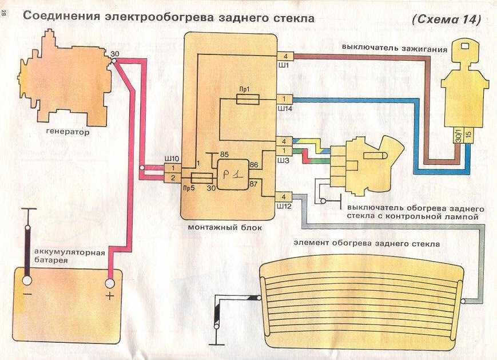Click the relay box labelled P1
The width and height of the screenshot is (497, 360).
point(232,174)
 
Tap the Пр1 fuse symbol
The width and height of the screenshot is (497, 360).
point(248,100)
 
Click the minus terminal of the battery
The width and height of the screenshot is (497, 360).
point(26,281)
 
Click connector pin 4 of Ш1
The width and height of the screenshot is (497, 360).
point(284,56)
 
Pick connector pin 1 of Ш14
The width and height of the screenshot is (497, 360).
point(284,98)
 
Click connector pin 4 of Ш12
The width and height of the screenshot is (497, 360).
point(284,196)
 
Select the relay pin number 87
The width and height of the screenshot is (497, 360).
point(253,183)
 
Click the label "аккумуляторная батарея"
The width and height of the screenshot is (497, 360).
point(62,255)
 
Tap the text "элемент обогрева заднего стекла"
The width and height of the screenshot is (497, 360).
point(367,243)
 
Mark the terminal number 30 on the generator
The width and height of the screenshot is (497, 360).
point(114,54)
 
